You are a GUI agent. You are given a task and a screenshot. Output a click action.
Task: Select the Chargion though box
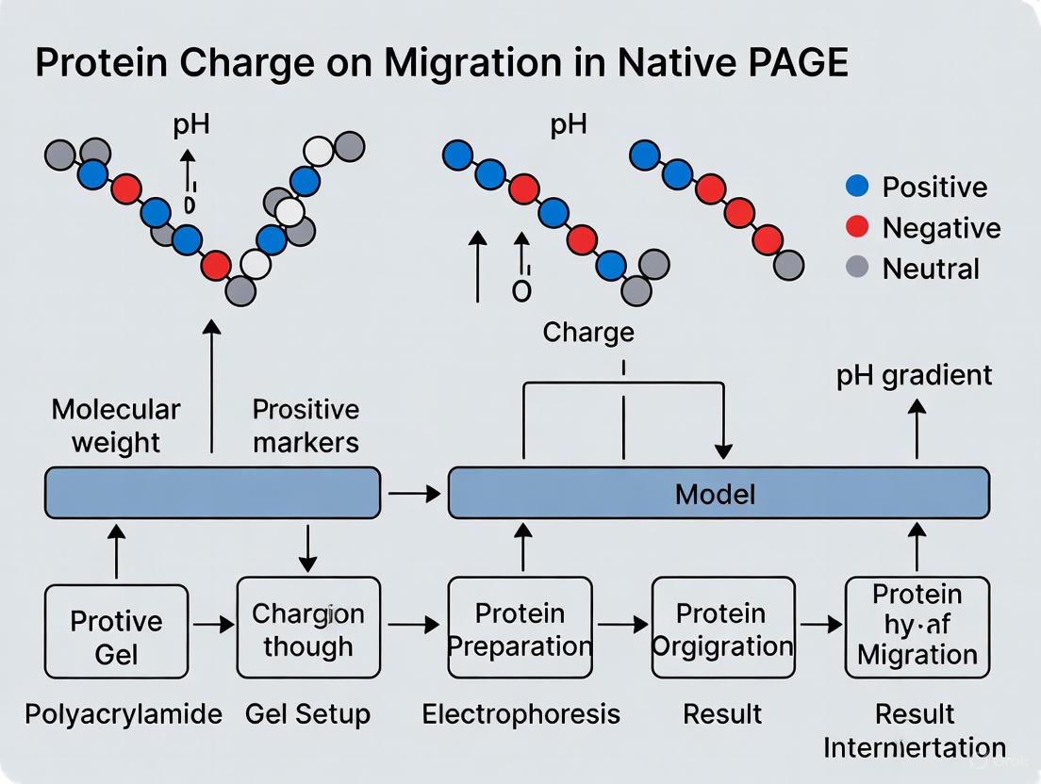tap(308, 629)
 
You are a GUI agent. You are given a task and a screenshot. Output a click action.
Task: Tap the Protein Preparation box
tap(520, 629)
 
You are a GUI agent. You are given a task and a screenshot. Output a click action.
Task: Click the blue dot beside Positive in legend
tap(857, 187)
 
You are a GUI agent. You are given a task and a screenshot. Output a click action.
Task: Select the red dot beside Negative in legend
tap(857, 227)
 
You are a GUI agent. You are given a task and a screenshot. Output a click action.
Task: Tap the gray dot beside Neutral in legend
tap(857, 268)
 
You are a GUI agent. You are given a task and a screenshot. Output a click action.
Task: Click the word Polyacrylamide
tap(124, 713)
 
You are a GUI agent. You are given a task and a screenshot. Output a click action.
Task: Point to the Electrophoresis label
tap(520, 713)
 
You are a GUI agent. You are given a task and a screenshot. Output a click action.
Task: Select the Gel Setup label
tap(307, 713)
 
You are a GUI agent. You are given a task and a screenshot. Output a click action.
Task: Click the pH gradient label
tap(914, 375)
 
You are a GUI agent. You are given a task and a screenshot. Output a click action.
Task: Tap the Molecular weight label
tap(115, 426)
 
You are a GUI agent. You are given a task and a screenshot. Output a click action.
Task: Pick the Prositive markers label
tap(306, 426)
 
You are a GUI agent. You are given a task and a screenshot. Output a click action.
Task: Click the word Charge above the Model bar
tap(588, 332)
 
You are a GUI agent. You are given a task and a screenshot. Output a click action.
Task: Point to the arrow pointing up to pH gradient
tap(917, 429)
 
